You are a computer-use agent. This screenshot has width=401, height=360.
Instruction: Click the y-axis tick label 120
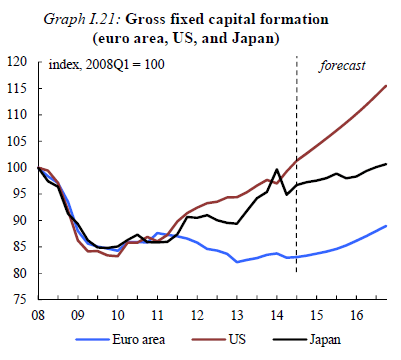pos(16,62)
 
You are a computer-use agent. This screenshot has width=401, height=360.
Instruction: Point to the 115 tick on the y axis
pos(16,88)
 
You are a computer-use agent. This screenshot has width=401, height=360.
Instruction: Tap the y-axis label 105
pos(16,141)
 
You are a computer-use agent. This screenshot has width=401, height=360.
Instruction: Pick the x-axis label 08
pos(38,315)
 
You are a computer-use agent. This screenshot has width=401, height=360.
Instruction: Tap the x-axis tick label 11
pos(157,315)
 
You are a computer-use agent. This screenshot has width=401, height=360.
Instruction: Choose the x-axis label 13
pos(237,315)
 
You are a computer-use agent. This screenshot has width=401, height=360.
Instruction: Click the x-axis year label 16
pos(356,315)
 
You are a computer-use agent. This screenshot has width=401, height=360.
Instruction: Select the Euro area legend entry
pos(120,340)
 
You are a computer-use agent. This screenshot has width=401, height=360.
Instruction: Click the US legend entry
pos(219,340)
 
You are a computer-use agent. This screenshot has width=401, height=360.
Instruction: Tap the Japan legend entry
pos(307,340)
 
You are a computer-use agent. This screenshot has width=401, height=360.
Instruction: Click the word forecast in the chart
pos(342,66)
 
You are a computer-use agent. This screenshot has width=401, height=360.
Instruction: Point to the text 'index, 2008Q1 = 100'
pos(107,64)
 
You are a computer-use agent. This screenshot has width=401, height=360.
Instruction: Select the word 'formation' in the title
pos(294,19)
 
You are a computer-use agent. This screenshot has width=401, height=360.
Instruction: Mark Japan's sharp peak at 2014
pos(277,169)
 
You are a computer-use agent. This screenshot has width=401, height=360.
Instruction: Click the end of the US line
pos(386,86)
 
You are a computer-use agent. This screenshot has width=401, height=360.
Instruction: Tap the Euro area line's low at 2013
pos(237,262)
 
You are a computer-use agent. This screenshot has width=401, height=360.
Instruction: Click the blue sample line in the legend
pos(92,340)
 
